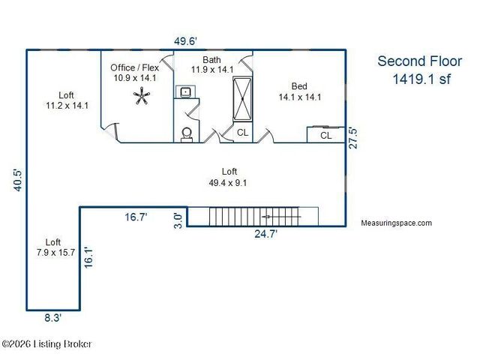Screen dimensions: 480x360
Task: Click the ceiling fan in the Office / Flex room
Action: pos(142,96)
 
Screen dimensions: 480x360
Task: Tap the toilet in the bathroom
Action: pos(187,135)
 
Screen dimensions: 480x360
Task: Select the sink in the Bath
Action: pos(185,91)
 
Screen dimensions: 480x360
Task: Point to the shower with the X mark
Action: pos(242,99)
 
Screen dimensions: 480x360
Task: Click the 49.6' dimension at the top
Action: pos(185,41)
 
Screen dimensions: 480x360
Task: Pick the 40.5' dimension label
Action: pos(18,180)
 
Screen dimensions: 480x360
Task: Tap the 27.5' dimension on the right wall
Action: pos(353,138)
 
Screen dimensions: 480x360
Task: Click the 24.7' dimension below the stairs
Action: pos(265,234)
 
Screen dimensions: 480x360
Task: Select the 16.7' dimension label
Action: pos(136,217)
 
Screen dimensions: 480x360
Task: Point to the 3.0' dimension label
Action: pos(178,220)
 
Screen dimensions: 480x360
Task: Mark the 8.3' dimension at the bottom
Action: pos(53,318)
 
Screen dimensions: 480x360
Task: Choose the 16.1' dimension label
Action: pos(88,257)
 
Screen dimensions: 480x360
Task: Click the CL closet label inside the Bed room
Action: pos(325,135)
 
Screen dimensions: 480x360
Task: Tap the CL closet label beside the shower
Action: pos(242,133)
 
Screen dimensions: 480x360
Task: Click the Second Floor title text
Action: pos(420,61)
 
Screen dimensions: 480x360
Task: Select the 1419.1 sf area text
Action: pos(421,79)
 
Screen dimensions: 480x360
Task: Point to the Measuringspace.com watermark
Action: pos(397,223)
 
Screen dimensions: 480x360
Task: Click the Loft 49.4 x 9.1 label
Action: pos(228,177)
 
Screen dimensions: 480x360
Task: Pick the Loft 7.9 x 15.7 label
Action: pos(55,247)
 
